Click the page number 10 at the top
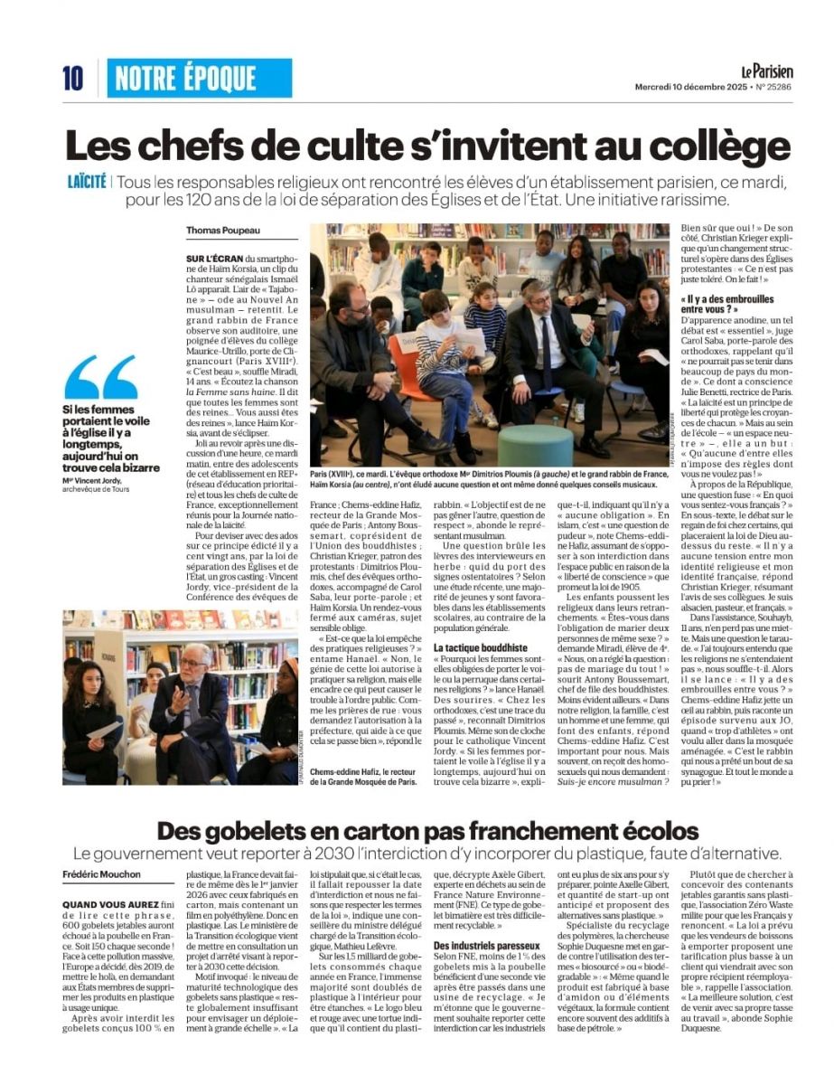click(73, 80)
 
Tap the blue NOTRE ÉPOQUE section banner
click(201, 79)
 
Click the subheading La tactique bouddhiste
click(479, 648)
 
